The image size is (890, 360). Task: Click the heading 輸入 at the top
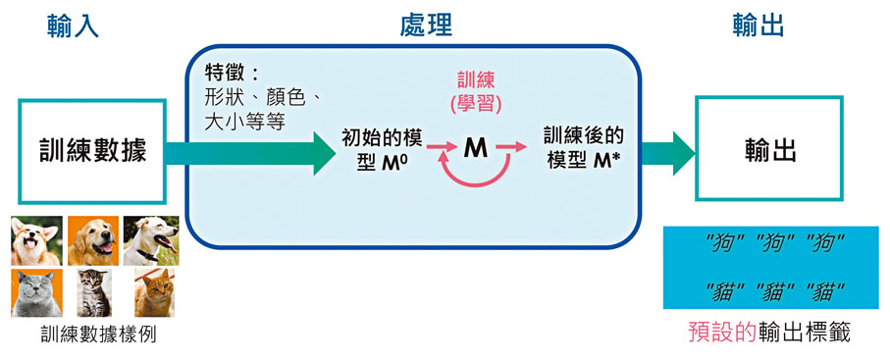[x=73, y=24]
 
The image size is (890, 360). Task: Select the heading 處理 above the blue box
[x=426, y=24]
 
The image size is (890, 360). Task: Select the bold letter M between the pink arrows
[x=475, y=148]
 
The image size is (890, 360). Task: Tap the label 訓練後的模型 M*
[x=583, y=149]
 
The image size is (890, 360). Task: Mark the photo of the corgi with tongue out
[x=36, y=240]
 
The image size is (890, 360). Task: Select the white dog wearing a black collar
[x=151, y=240]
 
